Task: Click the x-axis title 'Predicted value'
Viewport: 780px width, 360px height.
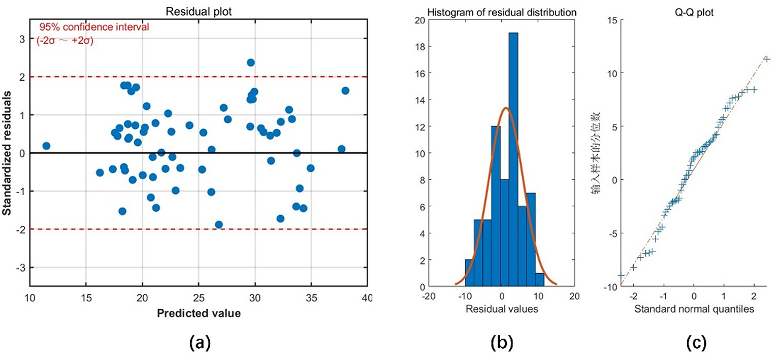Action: click(x=199, y=313)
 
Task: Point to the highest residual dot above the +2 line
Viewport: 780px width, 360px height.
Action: click(x=250, y=62)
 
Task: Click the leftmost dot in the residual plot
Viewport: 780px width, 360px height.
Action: click(x=46, y=146)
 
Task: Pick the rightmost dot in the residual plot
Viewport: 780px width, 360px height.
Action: click(x=345, y=90)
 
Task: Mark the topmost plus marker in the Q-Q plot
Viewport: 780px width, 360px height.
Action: click(x=767, y=59)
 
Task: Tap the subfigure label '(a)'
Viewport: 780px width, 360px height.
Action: click(x=199, y=344)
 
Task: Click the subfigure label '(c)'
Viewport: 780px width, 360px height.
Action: click(x=696, y=344)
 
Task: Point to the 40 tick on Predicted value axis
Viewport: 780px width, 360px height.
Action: click(x=367, y=298)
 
